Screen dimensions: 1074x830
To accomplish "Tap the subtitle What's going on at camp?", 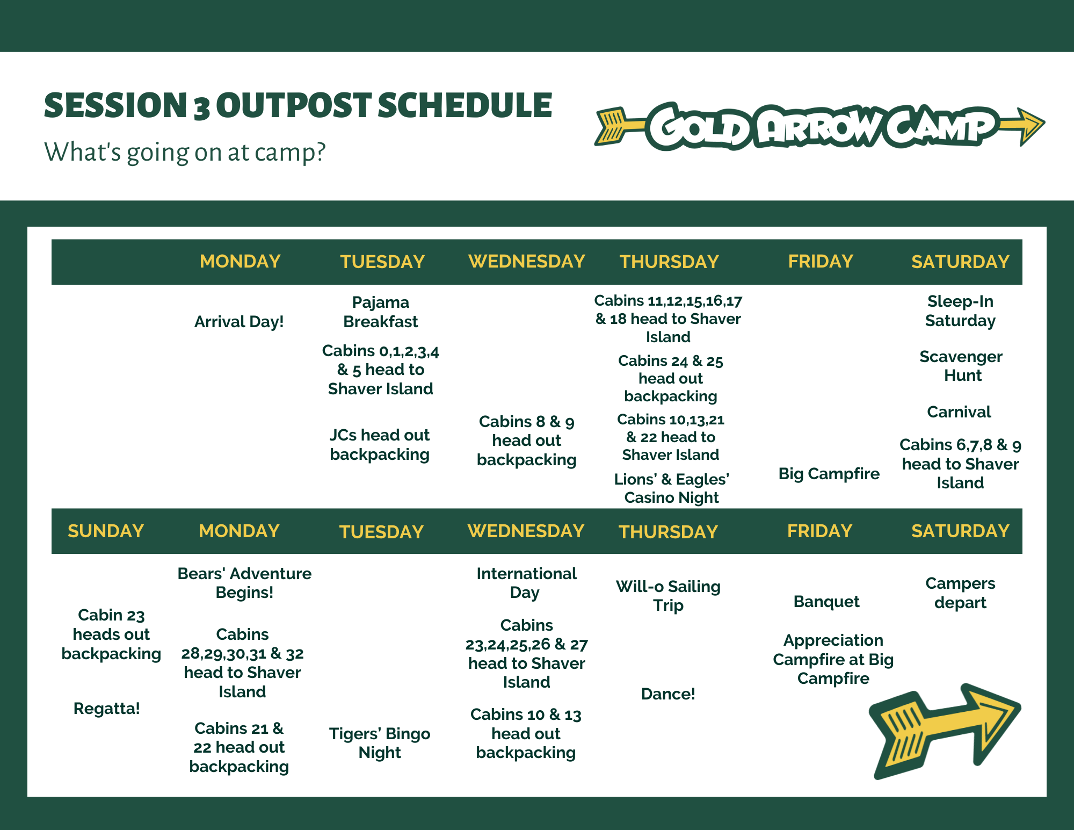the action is click(185, 152).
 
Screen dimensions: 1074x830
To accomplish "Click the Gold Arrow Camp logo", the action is click(819, 126).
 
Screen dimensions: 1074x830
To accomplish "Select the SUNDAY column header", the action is click(106, 531).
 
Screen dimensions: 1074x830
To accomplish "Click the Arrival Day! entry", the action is click(239, 322).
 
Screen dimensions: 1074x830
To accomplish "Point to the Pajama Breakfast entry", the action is click(381, 312).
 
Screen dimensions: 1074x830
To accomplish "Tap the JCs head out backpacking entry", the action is click(380, 444).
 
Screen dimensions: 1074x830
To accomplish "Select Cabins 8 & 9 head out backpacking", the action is click(527, 441).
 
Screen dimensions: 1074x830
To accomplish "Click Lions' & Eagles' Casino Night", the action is click(672, 488).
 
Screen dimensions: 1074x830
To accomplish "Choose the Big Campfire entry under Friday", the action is click(829, 474).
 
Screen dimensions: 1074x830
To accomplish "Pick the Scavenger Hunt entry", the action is click(961, 366).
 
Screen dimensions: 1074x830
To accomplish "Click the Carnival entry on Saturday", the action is click(959, 412).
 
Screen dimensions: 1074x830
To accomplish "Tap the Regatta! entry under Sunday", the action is click(107, 709).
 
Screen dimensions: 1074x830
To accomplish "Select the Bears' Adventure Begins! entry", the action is click(244, 583).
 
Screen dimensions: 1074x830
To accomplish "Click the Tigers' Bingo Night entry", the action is click(380, 743).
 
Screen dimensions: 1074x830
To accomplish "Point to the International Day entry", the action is click(527, 583).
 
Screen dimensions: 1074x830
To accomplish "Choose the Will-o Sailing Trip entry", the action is click(669, 596).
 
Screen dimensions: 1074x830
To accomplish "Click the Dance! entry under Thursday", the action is click(669, 694).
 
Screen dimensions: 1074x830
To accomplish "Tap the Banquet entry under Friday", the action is click(826, 602).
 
